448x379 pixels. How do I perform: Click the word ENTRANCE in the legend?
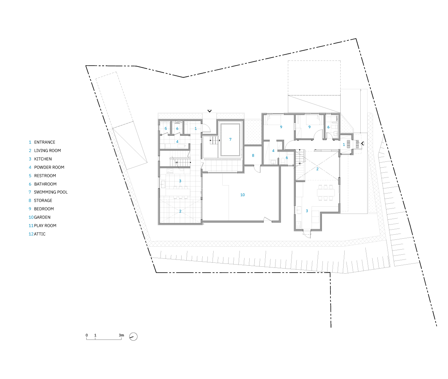point(45,142)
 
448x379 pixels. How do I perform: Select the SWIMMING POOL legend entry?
point(51,192)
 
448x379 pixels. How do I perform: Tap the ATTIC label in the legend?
point(40,234)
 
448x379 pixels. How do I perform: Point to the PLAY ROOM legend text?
point(45,226)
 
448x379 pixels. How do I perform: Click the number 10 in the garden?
point(242,195)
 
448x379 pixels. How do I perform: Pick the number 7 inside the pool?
point(230,140)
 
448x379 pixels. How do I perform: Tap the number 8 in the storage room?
point(253,155)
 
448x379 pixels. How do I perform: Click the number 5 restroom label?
point(166,129)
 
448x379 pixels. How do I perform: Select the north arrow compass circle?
point(133,337)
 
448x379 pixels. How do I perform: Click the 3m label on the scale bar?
point(122,335)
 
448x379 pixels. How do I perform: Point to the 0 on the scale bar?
point(87,335)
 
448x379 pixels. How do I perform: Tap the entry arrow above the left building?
point(210,111)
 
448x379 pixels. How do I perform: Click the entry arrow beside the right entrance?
point(362,143)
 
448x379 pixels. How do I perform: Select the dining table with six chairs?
point(326,192)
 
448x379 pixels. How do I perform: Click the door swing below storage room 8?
point(257,169)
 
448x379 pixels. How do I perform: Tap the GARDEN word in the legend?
point(42,217)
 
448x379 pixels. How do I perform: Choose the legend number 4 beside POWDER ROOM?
point(30,167)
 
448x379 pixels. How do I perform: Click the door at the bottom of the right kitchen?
point(307,234)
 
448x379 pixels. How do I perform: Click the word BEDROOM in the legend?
point(44,209)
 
